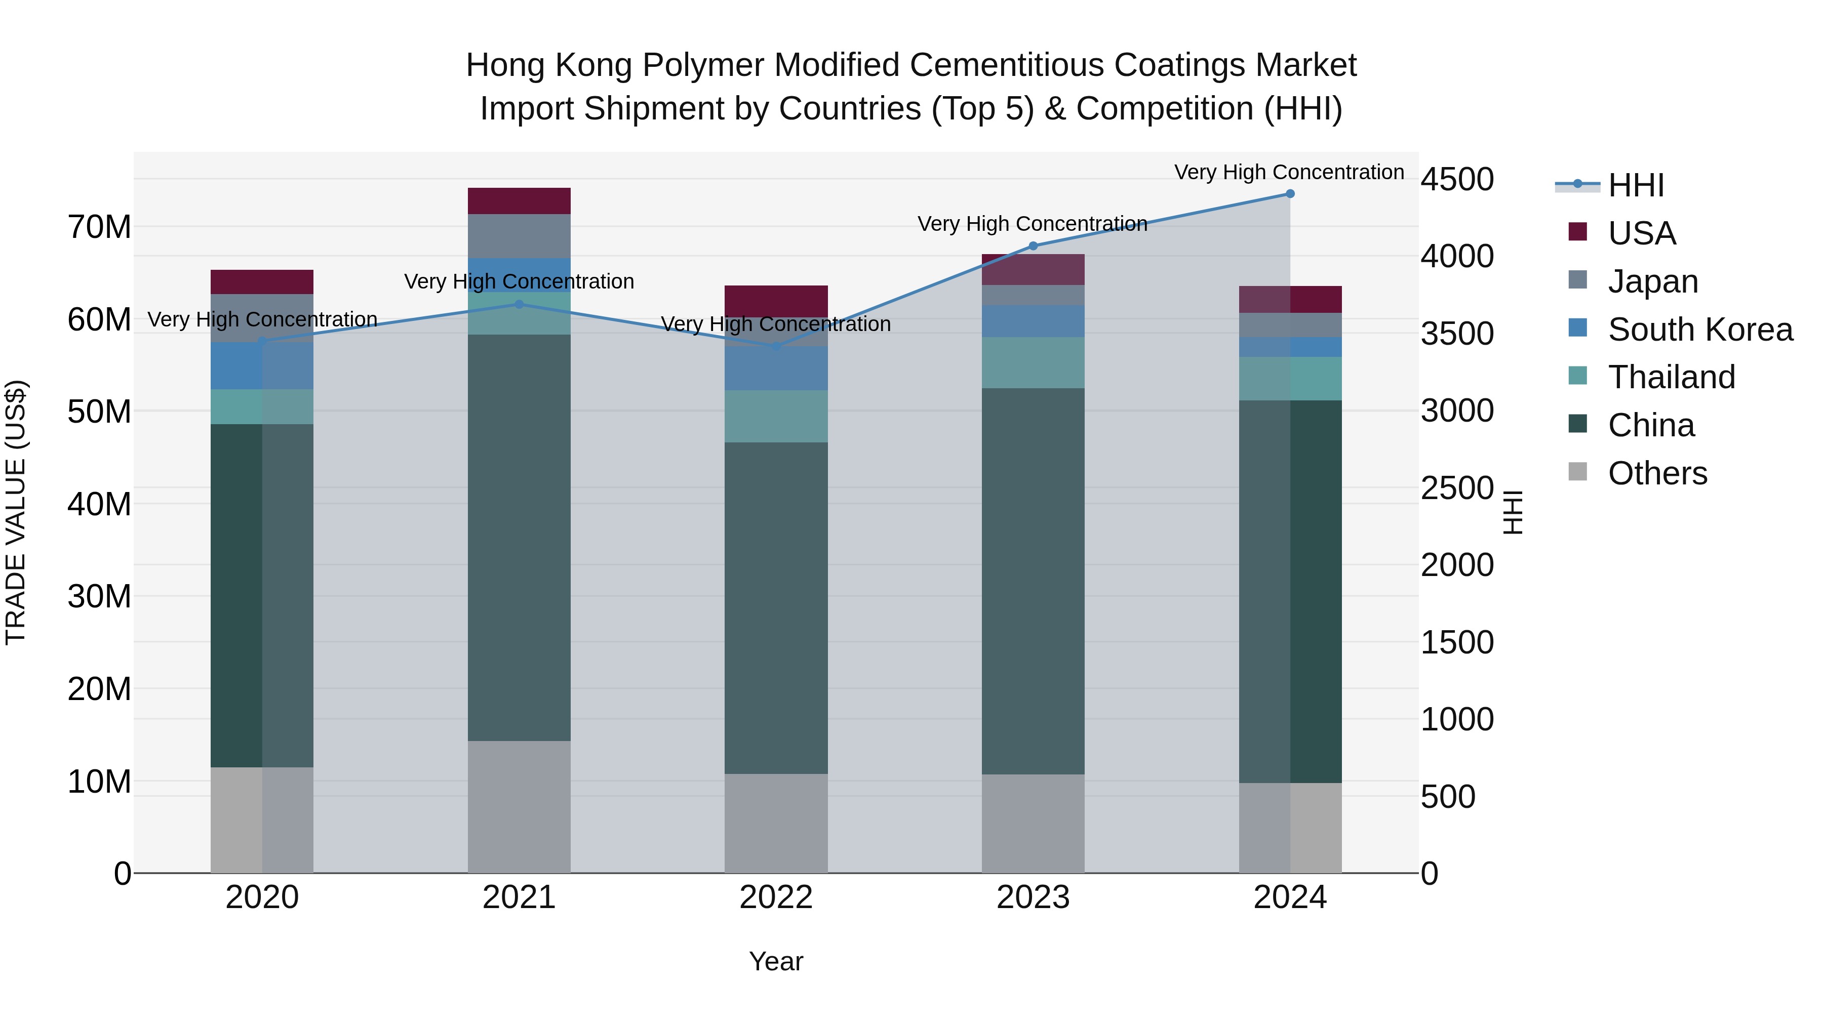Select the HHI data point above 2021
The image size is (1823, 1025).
pyautogui.click(x=519, y=304)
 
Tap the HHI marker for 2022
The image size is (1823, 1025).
pyautogui.click(x=776, y=346)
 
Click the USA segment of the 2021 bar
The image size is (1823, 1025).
pyautogui.click(x=519, y=201)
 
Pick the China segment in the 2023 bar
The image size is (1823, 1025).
pyautogui.click(x=1033, y=580)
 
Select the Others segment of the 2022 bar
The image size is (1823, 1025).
pyautogui.click(x=776, y=823)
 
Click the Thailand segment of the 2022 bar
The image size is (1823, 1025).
pyautogui.click(x=776, y=416)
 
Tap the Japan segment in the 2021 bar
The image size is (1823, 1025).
pyautogui.click(x=519, y=235)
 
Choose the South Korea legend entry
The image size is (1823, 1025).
pyautogui.click(x=1700, y=329)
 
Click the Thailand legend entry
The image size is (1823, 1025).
pyautogui.click(x=1671, y=377)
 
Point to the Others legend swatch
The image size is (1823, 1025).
pyautogui.click(x=1577, y=472)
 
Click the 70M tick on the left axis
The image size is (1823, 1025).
pyautogui.click(x=99, y=227)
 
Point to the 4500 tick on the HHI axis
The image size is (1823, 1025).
pyautogui.click(x=1457, y=179)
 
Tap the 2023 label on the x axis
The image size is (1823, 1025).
pyautogui.click(x=1033, y=897)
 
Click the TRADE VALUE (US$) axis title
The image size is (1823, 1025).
pyautogui.click(x=16, y=512)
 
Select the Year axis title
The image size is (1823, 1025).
pyautogui.click(x=776, y=961)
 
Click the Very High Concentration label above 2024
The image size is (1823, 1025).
pyautogui.click(x=1289, y=172)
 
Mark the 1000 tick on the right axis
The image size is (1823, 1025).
pyautogui.click(x=1457, y=719)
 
